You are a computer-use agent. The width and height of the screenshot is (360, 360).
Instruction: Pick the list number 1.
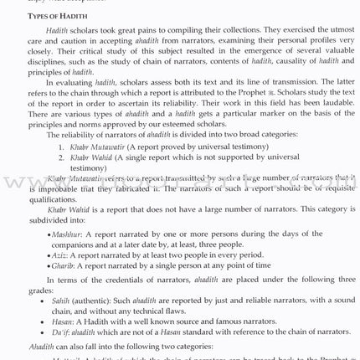coord(61,145)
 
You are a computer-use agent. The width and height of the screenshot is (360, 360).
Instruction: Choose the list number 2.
coord(61,156)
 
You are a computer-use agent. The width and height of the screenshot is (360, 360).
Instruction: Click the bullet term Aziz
coord(59,255)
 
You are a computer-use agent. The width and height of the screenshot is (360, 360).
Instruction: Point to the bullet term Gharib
coord(64,266)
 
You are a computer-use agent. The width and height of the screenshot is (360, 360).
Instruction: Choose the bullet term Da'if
coord(61,332)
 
